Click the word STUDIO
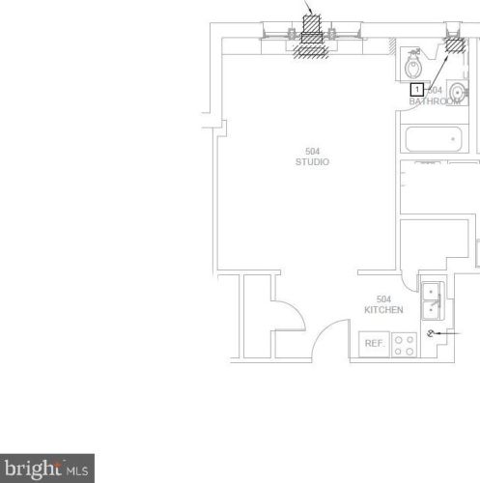[312, 162]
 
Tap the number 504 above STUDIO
[312, 151]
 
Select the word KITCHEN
[383, 310]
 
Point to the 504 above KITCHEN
[383, 298]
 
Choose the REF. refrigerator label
[374, 343]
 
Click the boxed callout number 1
[417, 89]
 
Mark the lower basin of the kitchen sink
[432, 310]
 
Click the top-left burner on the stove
[398, 339]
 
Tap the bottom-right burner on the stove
[410, 351]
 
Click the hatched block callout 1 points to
[452, 43]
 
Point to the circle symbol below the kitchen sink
[431, 332]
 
